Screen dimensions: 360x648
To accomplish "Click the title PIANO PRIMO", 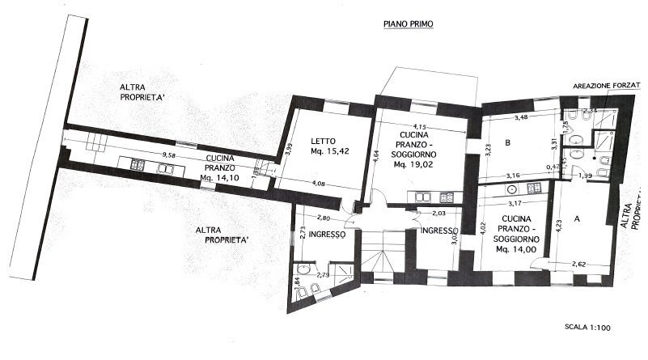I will click(x=409, y=25).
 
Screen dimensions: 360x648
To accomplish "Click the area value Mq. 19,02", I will click(x=413, y=164).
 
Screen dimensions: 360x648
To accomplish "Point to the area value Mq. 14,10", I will click(x=220, y=177).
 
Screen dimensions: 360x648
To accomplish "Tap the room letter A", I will click(x=577, y=218).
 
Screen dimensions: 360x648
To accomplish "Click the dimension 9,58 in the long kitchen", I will click(x=169, y=155).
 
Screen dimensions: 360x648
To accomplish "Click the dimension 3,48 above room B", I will click(x=523, y=119).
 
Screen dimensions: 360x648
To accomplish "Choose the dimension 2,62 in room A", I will click(x=579, y=263).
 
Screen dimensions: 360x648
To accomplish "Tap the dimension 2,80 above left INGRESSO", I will click(x=325, y=218).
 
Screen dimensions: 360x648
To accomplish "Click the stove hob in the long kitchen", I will click(x=137, y=167).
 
